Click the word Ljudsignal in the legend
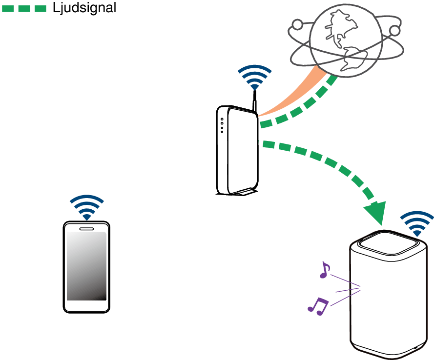tap(84, 8)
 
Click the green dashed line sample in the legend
tap(24, 8)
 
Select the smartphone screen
tap(86, 266)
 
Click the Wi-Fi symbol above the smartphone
tap(86, 207)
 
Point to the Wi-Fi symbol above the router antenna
tap(254, 77)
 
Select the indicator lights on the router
tap(222, 125)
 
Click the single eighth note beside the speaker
tap(324, 270)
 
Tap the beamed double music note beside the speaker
tap(318, 305)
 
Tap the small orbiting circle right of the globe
tap(394, 31)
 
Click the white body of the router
tap(239, 151)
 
